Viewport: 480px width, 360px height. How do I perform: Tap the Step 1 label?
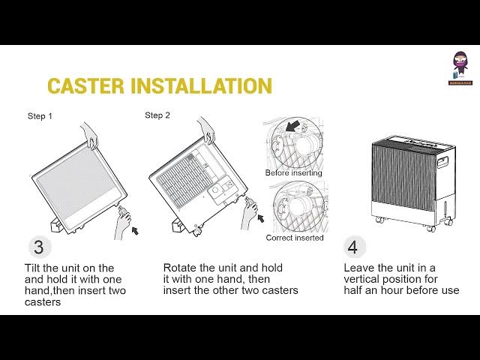[x=40, y=116]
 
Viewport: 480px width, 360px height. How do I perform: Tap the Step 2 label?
[x=157, y=115]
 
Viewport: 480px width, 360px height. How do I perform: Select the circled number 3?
[x=39, y=247]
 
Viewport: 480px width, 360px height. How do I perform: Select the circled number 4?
[x=354, y=247]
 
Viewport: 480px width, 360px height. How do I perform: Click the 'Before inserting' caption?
[x=293, y=172]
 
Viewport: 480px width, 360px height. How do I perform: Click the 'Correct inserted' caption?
[x=295, y=238]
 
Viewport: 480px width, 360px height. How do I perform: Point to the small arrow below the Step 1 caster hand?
[x=135, y=232]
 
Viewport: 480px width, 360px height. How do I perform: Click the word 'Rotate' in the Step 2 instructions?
[x=181, y=268]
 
